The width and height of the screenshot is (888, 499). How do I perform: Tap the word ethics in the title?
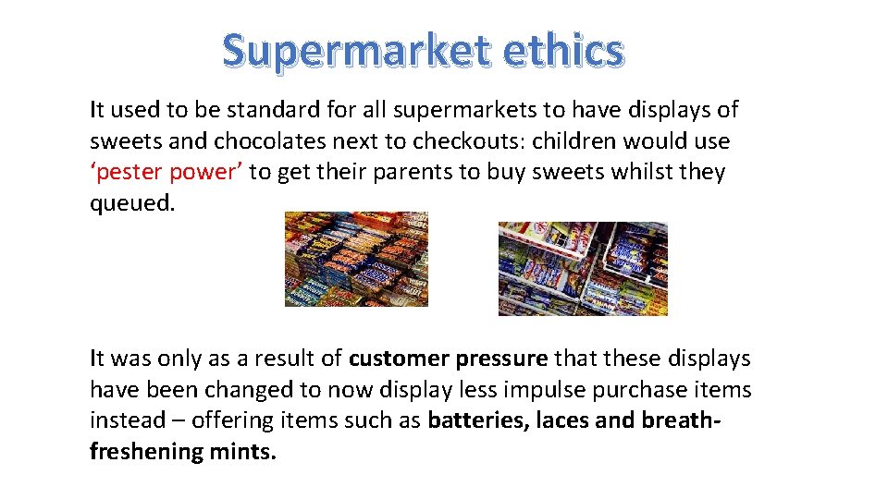click(x=563, y=52)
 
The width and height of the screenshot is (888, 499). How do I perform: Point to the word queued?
click(x=131, y=203)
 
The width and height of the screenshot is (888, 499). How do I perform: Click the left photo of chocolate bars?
click(x=356, y=259)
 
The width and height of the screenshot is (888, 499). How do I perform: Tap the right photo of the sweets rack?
click(x=583, y=268)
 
